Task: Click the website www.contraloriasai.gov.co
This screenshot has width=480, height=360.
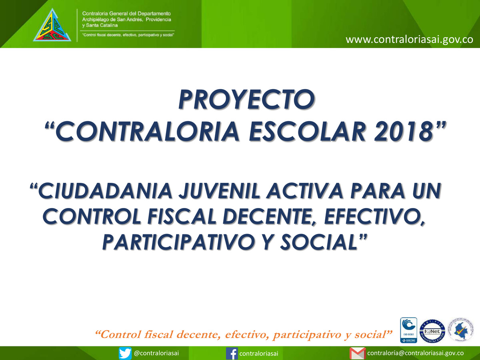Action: pos(409,40)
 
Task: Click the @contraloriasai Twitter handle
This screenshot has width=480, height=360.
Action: pos(156,353)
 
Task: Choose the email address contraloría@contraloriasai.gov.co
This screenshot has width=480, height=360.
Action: pos(415,353)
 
